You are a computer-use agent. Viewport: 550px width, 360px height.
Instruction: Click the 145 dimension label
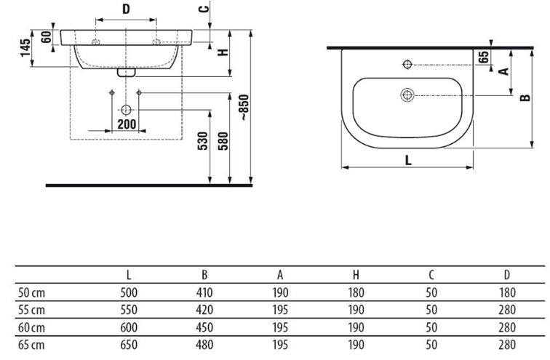(x=25, y=48)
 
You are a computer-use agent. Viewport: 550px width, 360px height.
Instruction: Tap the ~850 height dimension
(x=244, y=108)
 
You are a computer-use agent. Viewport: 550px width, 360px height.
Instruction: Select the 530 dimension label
(x=203, y=141)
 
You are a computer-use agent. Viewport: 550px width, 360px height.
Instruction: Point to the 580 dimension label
(x=223, y=141)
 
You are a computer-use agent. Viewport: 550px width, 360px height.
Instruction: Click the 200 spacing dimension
(x=127, y=124)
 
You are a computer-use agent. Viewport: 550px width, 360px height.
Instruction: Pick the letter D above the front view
(x=126, y=9)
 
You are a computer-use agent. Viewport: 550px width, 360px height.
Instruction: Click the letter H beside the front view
(x=223, y=52)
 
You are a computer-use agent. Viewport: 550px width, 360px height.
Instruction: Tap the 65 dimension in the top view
(x=483, y=57)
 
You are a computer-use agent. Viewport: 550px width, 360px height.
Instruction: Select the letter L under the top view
(x=408, y=160)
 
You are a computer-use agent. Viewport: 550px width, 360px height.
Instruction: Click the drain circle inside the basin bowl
(x=407, y=95)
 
